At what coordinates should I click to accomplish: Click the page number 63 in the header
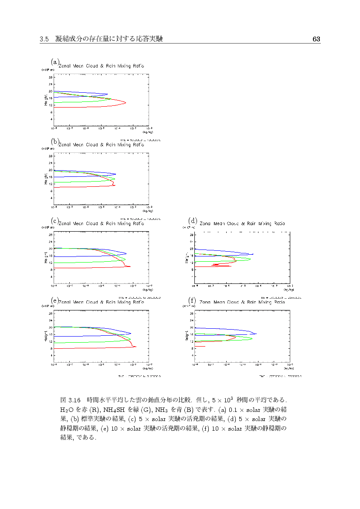click(316, 39)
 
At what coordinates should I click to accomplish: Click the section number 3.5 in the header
click(44, 39)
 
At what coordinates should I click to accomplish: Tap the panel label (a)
click(54, 62)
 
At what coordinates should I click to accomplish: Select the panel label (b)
click(54, 142)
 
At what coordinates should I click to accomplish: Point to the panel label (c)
click(54, 220)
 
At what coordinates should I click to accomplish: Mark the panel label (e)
click(54, 300)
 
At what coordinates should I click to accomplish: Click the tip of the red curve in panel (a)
click(126, 103)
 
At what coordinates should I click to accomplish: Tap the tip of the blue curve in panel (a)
click(108, 94)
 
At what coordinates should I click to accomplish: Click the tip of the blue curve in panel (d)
click(253, 254)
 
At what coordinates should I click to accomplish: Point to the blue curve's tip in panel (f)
click(257, 334)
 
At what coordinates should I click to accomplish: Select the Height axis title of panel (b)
click(45, 179)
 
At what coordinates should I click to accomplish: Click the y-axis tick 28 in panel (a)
click(51, 77)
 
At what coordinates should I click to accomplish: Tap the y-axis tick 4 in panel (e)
click(51, 355)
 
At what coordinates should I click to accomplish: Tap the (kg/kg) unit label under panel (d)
click(288, 289)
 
